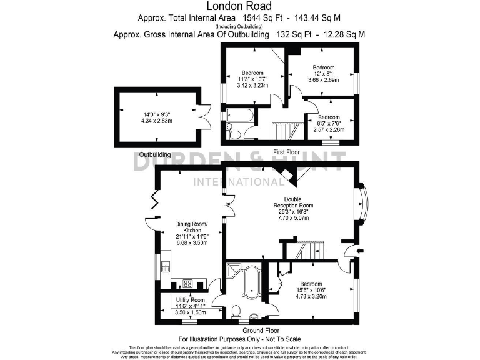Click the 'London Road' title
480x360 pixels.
(239, 7)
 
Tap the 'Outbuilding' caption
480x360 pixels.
(155, 154)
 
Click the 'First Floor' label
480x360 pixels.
(287, 152)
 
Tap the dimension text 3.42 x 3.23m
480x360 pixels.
(252, 86)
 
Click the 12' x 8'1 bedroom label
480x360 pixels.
(324, 74)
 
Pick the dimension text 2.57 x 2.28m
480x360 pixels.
(329, 129)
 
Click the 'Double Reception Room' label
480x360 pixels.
(293, 202)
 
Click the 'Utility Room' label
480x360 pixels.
(190, 301)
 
